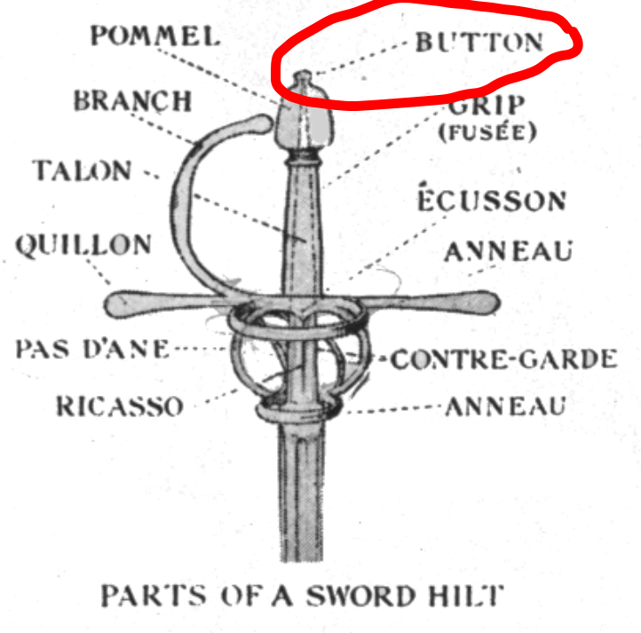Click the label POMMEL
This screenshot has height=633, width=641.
click(155, 36)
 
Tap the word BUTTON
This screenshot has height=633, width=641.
click(479, 42)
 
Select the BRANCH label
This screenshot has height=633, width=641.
click(132, 100)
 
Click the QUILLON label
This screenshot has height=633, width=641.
click(83, 244)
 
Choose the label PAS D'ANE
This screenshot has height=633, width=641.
click(91, 348)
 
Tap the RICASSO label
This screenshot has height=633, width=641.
click(120, 406)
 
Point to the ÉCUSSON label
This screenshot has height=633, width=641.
click(491, 200)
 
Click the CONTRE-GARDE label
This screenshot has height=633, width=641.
click(504, 359)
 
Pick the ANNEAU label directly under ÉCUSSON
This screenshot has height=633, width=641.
click(508, 251)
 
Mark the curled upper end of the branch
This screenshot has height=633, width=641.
click(263, 124)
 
